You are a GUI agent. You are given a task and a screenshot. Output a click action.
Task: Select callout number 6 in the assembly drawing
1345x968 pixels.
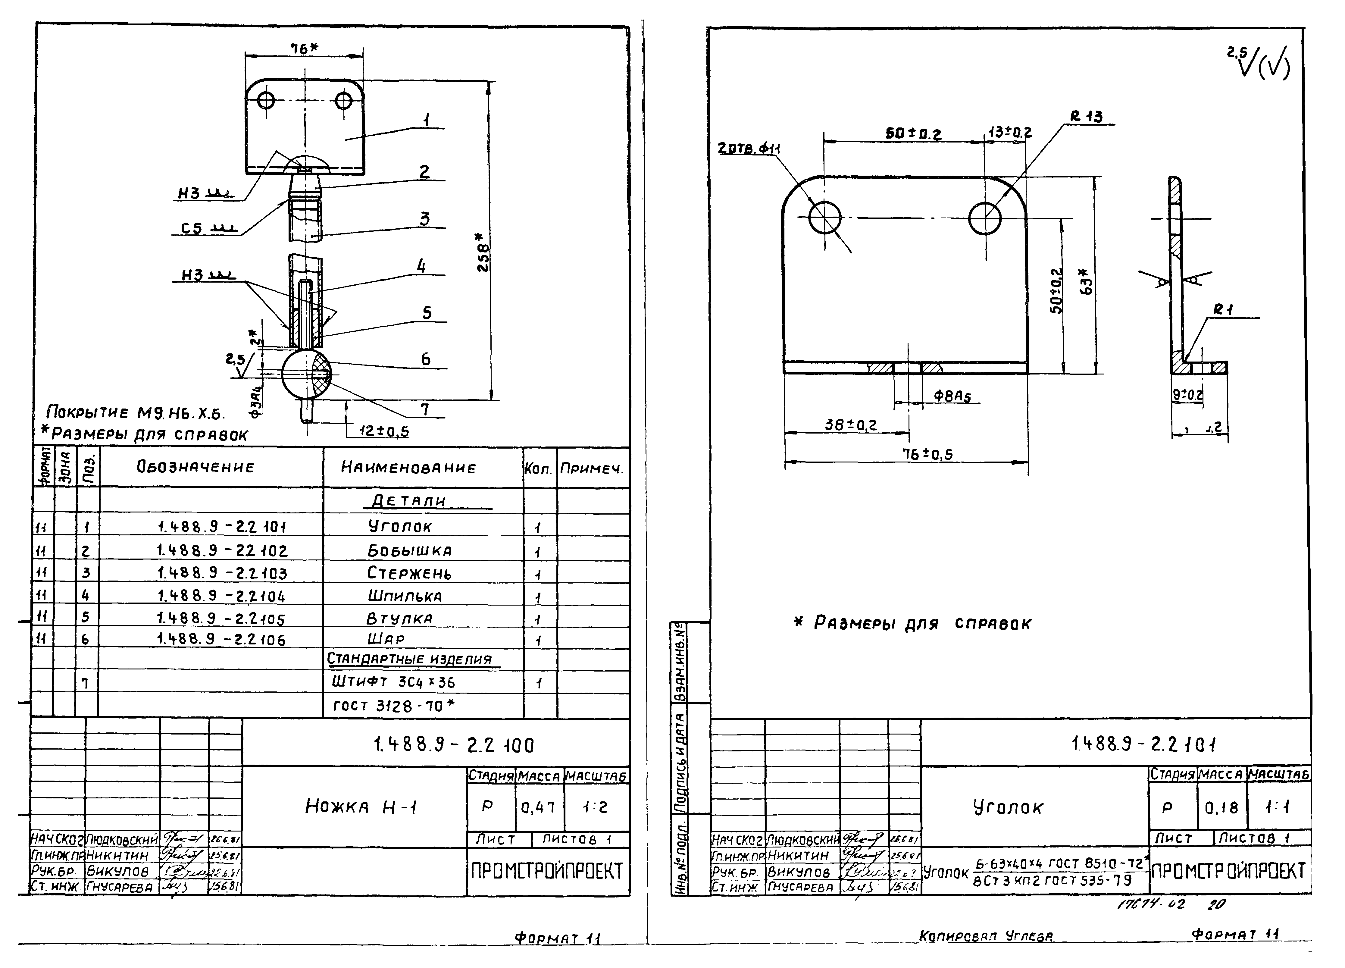point(425,359)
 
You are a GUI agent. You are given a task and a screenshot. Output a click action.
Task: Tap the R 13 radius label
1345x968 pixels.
point(1087,117)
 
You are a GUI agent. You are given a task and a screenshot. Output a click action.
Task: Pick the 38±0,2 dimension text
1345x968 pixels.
point(850,425)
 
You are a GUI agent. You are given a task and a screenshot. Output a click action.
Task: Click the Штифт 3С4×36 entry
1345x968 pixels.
point(393,682)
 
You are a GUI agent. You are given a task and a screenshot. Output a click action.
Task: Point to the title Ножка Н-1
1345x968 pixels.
point(361,806)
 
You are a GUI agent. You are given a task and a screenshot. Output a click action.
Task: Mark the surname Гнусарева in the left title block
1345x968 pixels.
point(120,887)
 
